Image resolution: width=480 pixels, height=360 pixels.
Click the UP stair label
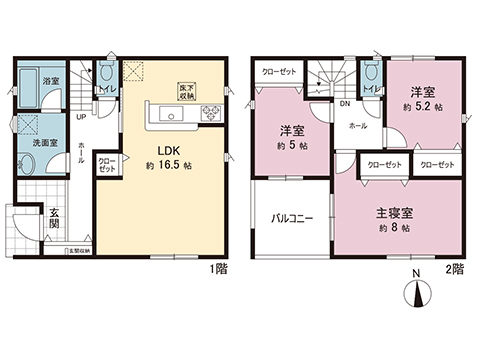(x=81, y=115)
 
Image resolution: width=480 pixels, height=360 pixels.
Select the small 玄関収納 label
(x=77, y=249)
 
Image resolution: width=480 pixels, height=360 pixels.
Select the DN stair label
(x=344, y=103)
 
